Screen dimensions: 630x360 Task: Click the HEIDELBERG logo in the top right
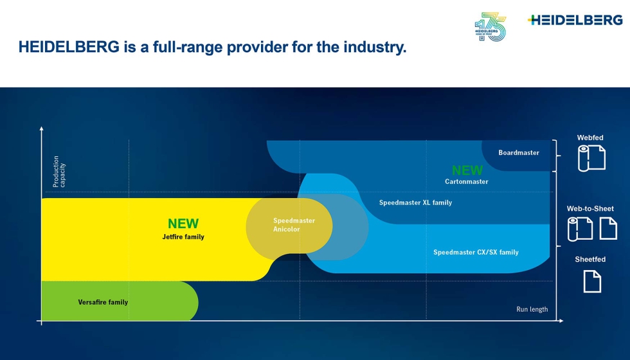(x=575, y=20)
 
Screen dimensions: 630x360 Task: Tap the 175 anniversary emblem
(x=490, y=27)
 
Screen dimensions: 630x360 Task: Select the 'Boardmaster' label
(x=519, y=153)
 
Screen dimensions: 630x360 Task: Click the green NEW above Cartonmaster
(x=467, y=170)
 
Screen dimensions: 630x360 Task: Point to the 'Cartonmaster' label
(x=467, y=181)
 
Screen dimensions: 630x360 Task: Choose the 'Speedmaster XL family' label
(x=415, y=203)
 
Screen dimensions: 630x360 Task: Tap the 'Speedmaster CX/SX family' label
(x=476, y=252)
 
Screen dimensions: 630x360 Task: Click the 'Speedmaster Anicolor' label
(x=294, y=225)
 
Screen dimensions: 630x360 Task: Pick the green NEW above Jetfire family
(x=183, y=224)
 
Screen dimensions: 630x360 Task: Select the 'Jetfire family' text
(x=183, y=237)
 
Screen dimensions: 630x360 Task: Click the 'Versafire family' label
(x=103, y=302)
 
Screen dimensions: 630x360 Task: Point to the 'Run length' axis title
(x=532, y=309)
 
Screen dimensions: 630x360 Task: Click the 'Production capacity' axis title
(x=59, y=172)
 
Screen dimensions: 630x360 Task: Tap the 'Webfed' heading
(x=590, y=138)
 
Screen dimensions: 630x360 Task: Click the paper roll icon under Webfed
(x=591, y=158)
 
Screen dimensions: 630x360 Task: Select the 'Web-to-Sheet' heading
(x=590, y=208)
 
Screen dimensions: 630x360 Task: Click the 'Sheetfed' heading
(x=590, y=260)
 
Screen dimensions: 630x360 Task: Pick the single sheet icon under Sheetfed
(x=592, y=282)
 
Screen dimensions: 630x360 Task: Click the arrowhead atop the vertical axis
(x=41, y=129)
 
